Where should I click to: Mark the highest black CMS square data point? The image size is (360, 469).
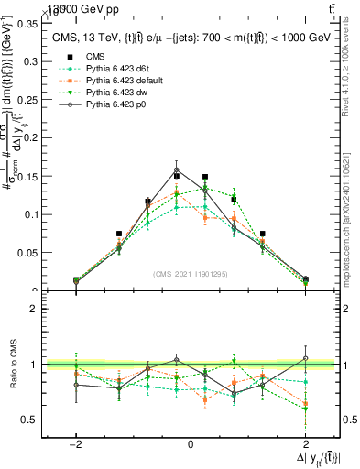point(177,175)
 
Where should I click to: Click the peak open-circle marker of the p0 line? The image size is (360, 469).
point(177,169)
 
